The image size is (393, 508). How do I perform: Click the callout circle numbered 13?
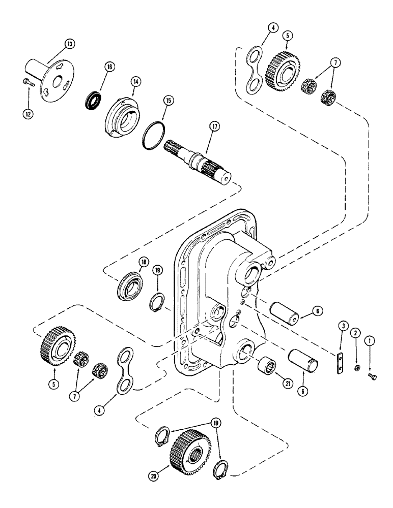point(69,44)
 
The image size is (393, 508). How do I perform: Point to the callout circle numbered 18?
point(144,262)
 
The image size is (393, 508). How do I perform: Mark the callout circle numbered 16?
point(109,67)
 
